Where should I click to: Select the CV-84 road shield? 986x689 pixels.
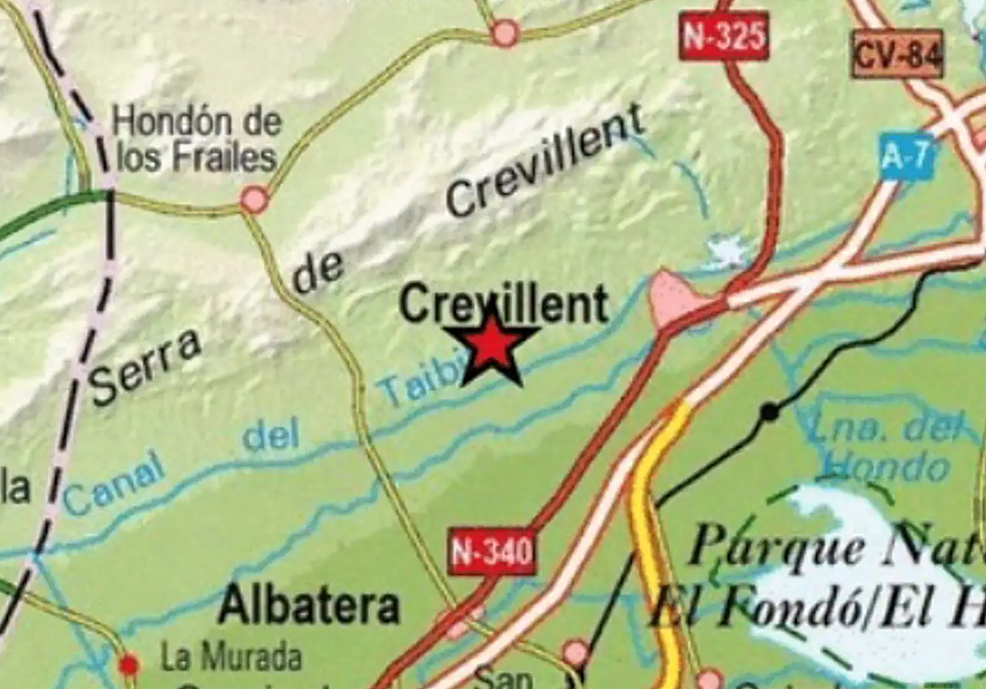[898, 54]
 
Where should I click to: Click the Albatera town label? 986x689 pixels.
[309, 606]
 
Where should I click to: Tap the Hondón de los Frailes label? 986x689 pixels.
[197, 140]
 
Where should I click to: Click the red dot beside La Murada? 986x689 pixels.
[128, 664]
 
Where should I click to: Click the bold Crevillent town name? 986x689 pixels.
[504, 305]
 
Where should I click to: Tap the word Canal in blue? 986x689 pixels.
[113, 488]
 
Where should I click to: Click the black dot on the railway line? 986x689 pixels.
[769, 412]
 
